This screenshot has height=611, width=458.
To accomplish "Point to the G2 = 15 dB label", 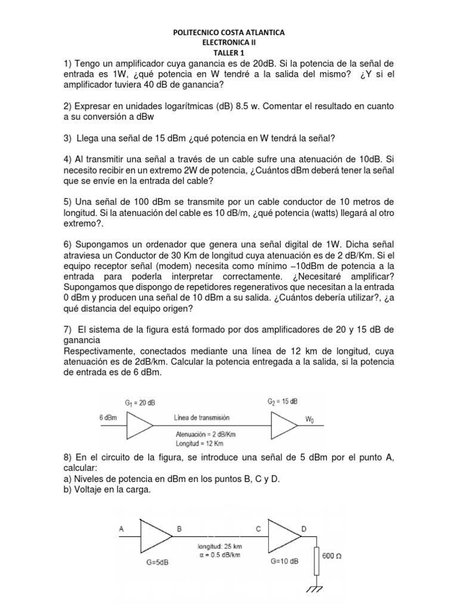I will (281, 402).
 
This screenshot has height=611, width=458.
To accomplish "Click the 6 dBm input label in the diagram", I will (112, 418).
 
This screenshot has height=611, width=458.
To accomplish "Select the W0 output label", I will (311, 419).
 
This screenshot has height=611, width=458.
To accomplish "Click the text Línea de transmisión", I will (202, 418).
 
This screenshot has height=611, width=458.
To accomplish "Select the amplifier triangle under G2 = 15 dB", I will (284, 425).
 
